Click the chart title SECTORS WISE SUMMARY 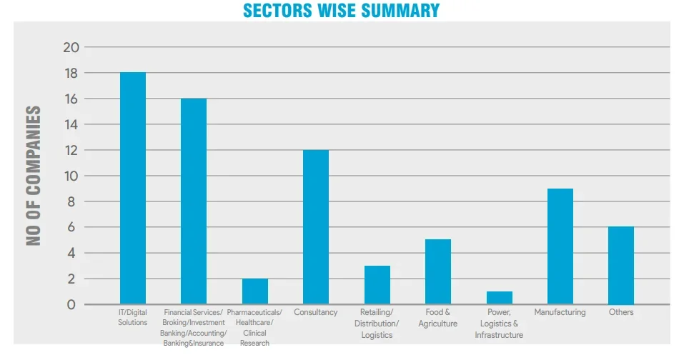341,10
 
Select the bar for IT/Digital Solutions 133,189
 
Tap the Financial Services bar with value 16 194,201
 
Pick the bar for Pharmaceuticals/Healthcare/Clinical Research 255,291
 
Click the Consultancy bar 316,227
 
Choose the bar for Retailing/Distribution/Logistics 377,285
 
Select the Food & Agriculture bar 438,272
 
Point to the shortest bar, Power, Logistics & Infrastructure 500,298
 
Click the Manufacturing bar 560,246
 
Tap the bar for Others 621,266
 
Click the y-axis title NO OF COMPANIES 34,176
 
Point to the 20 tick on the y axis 71,48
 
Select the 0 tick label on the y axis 71,305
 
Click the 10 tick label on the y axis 71,176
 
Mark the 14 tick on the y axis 71,125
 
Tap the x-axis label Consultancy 316,313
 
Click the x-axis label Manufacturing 560,313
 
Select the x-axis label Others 621,313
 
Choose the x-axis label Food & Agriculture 437,318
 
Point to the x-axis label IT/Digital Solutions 133,318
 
